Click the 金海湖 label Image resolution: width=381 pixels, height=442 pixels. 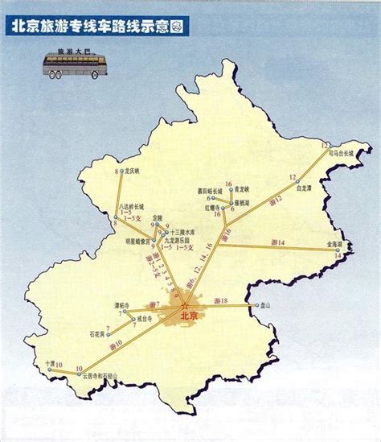point(335,242)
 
